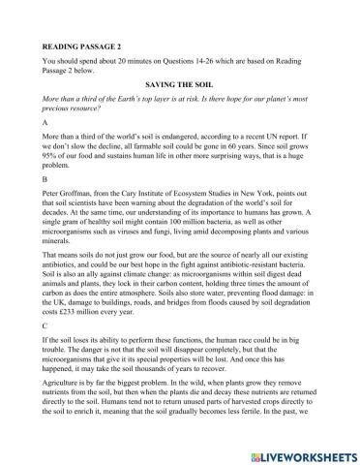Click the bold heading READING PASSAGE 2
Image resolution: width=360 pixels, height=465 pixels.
(x=81, y=46)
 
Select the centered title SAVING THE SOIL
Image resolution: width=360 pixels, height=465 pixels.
(x=180, y=85)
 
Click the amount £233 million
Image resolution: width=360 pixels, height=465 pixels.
(x=81, y=336)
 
